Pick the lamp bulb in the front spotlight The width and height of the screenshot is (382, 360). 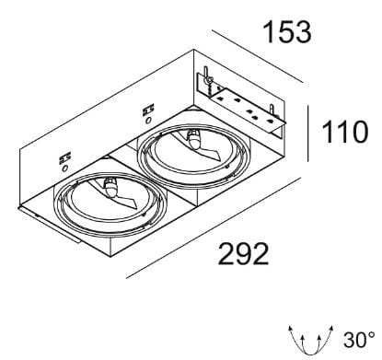click(x=111, y=188)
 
